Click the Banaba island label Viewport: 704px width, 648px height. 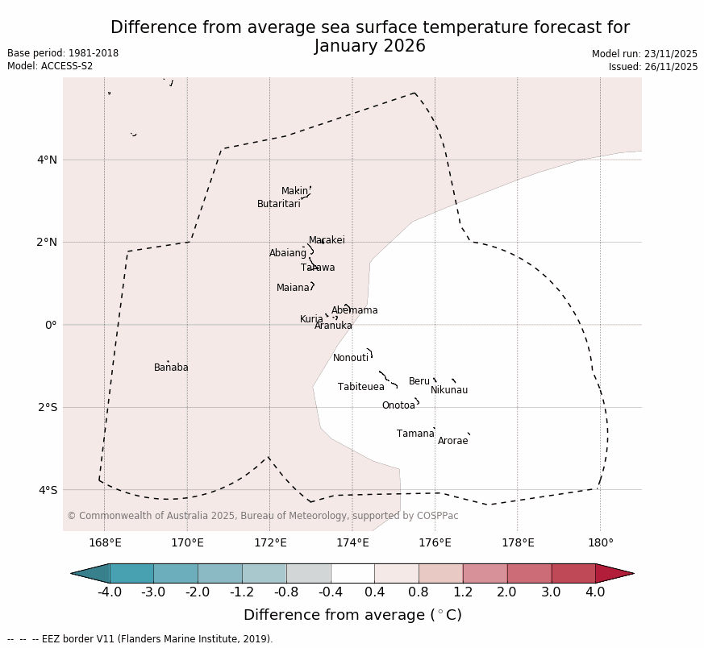pyautogui.click(x=171, y=368)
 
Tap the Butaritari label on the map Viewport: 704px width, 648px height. pyautogui.click(x=278, y=204)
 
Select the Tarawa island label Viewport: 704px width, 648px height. pyautogui.click(x=318, y=268)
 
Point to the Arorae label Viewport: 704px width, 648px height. pyautogui.click(x=452, y=441)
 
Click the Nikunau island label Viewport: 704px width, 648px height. pyautogui.click(x=448, y=390)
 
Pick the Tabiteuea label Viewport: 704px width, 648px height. pyautogui.click(x=360, y=387)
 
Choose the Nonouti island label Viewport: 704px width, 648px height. pyautogui.click(x=351, y=358)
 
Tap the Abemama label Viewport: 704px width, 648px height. pyautogui.click(x=354, y=310)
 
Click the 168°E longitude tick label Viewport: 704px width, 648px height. pyautogui.click(x=105, y=542)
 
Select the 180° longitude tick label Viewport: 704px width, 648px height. pyautogui.click(x=600, y=542)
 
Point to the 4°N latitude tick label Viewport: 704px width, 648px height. pyautogui.click(x=48, y=160)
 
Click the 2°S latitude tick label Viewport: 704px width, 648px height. pyautogui.click(x=48, y=407)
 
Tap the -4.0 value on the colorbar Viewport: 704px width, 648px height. pyautogui.click(x=110, y=592)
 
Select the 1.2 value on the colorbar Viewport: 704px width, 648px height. pyautogui.click(x=463, y=592)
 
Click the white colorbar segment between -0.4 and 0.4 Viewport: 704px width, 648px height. pyautogui.click(x=352, y=573)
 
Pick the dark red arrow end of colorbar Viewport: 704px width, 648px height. pyautogui.click(x=614, y=573)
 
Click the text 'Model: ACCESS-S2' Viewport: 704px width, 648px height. pyautogui.click(x=50, y=66)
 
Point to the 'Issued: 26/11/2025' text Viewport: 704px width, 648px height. pyautogui.click(x=652, y=67)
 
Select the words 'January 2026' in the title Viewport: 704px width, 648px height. pyautogui.click(x=369, y=46)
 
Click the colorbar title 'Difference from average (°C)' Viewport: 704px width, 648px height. pyautogui.click(x=352, y=615)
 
